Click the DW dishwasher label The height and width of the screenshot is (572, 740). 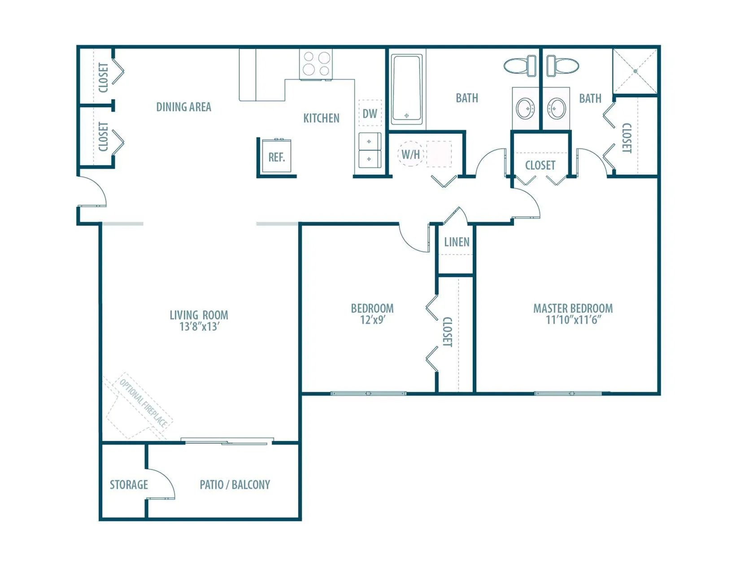370,114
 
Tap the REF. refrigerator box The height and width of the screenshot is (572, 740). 277,156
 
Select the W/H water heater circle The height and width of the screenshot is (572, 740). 410,153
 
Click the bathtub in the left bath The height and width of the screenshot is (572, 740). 407,89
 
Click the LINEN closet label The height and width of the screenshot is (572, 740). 457,242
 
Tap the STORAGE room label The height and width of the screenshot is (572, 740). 129,485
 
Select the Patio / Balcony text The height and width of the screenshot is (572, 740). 235,485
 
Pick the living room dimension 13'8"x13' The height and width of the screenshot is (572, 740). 199,327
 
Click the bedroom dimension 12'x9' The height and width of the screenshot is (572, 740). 373,320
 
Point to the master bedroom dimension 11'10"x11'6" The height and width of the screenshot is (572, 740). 573,320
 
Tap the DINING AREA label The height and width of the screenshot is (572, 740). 183,107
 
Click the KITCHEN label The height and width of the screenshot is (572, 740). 321,118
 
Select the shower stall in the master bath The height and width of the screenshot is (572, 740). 635,71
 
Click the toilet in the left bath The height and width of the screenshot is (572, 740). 520,66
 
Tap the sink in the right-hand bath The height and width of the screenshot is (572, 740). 556,108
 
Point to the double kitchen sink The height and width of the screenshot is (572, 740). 370,150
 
